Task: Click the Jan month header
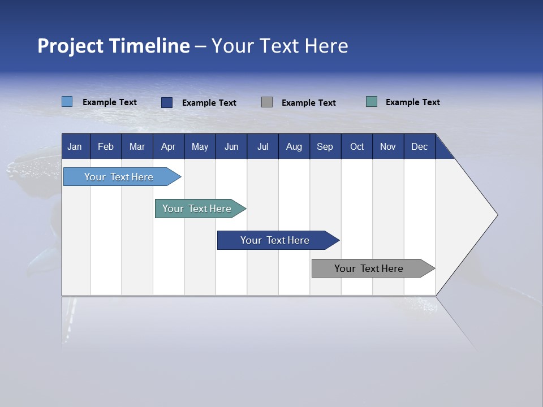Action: [75, 146]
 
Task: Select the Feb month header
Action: [106, 146]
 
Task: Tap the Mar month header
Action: [137, 146]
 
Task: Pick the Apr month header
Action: [169, 146]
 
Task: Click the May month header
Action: [200, 146]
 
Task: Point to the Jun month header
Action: [231, 146]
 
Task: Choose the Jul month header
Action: [262, 146]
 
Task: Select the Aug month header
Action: [294, 146]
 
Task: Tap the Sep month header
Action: [325, 146]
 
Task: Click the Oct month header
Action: [357, 146]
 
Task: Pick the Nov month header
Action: [388, 146]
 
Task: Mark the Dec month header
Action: [420, 146]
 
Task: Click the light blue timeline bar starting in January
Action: [119, 177]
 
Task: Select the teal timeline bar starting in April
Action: [197, 209]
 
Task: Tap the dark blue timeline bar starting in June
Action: [275, 240]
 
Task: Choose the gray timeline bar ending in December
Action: [369, 269]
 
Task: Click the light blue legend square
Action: [67, 102]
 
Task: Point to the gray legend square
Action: [267, 102]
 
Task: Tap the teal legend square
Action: [372, 102]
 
